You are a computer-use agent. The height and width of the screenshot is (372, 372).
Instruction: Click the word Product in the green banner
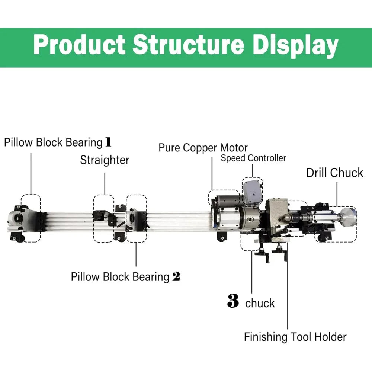79,46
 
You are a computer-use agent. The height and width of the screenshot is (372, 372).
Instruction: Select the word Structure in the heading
188,46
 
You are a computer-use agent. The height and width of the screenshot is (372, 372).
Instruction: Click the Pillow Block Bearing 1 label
58,142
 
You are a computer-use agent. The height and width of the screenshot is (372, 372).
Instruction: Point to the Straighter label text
105,160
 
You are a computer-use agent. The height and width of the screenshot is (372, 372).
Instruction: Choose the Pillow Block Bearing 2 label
125,277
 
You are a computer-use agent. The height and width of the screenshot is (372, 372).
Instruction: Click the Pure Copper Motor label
203,147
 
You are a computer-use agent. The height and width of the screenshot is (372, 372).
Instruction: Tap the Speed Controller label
253,158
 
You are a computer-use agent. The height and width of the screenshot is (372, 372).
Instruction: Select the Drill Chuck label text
334,173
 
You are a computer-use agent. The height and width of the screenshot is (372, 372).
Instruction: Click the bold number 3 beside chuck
233,302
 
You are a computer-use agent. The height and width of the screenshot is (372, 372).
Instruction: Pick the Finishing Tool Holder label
295,337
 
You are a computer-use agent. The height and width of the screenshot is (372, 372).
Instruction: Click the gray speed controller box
252,193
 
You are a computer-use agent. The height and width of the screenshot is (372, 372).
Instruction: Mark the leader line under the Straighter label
105,182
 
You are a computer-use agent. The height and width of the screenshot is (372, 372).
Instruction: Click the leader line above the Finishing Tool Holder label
288,290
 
